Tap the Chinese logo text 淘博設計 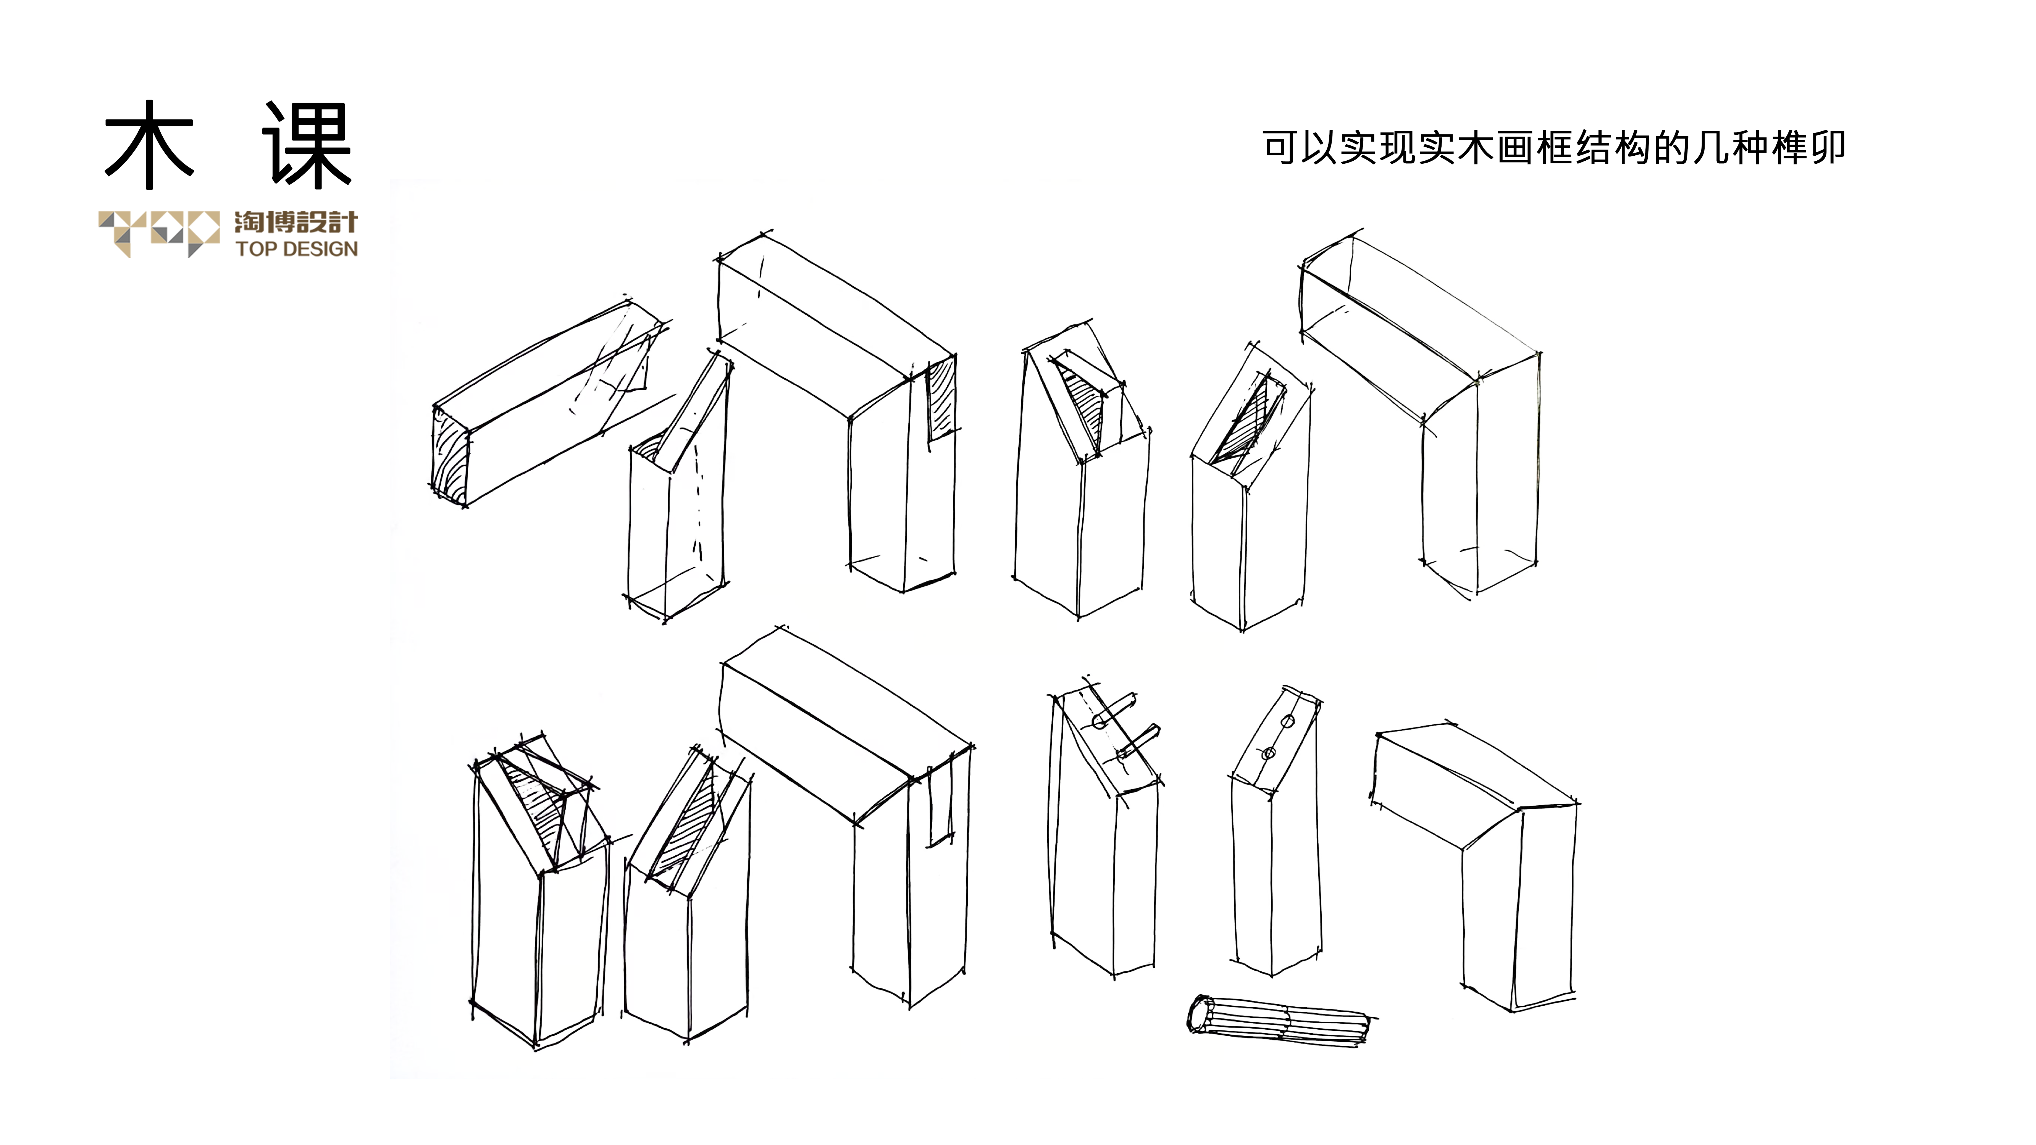295,222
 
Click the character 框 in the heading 1554,148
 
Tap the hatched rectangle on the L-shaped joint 941,402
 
